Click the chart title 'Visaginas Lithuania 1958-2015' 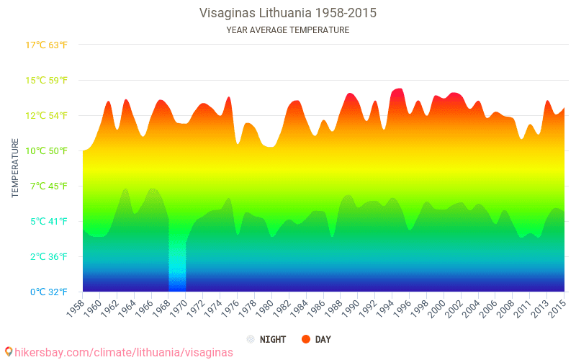(288, 13)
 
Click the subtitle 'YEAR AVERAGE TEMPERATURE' (288, 30)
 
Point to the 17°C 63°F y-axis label (47, 45)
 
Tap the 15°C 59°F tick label (47, 80)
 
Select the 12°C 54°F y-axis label (47, 115)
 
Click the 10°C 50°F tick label (47, 150)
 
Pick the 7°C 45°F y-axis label (47, 186)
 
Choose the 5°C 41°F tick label (47, 221)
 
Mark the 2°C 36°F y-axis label (47, 256)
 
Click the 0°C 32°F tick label (47, 292)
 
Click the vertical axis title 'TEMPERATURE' (15, 168)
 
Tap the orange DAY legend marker (306, 339)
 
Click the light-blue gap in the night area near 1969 (177, 266)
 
